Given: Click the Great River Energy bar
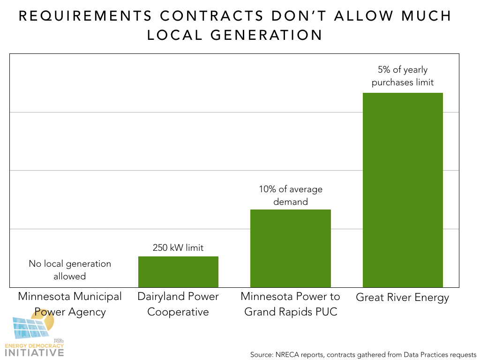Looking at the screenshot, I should point(403,190).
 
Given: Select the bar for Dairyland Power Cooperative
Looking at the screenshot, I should point(178,272).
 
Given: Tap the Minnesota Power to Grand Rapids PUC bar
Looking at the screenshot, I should point(291,248).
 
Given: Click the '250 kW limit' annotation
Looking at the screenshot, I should point(178,248).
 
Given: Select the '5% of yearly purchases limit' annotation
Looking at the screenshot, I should point(403,76).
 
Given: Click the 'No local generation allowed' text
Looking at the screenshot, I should point(70,270).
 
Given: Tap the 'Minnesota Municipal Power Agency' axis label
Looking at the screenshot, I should point(70,304).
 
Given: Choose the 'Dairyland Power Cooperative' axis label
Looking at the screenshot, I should point(178,304).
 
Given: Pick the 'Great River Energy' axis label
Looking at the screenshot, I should point(403,298).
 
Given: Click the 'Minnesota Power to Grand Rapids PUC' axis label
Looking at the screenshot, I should point(291,304).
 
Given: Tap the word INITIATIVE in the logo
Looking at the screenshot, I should point(34,352).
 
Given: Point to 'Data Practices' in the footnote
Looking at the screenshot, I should point(421,354).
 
